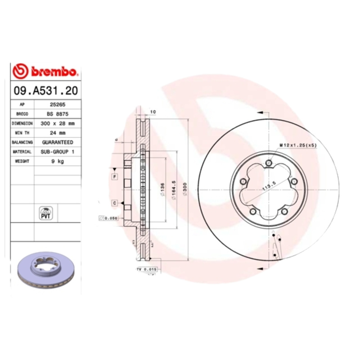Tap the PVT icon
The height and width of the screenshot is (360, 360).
click(x=46, y=213)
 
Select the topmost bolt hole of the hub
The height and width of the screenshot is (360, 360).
click(x=269, y=163)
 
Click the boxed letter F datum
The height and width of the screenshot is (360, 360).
click(x=115, y=176)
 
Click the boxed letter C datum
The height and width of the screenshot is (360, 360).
click(x=115, y=203)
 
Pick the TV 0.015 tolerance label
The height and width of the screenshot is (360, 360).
click(x=146, y=269)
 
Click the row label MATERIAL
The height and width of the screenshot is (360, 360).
click(x=22, y=152)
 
